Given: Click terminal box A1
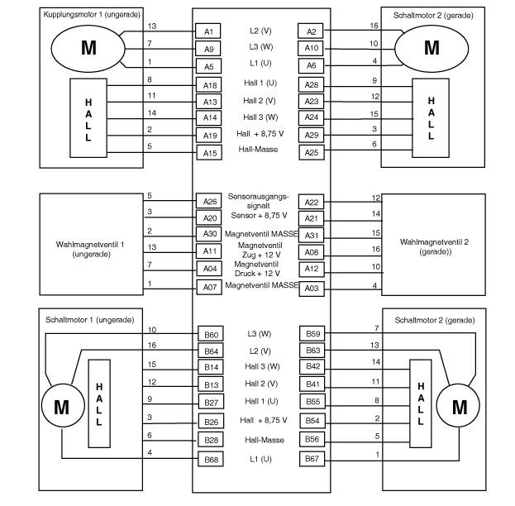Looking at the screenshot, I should (x=208, y=31).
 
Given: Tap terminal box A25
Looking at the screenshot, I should (x=311, y=152).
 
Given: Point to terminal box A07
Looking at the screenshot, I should (x=208, y=287).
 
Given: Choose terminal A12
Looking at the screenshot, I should (x=311, y=269).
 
